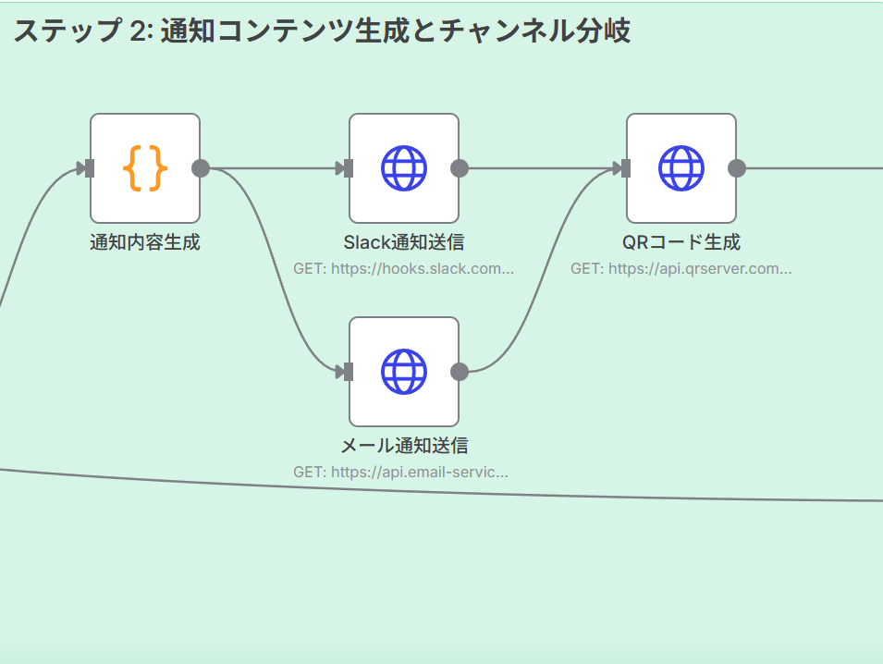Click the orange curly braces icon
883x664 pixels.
[145, 168]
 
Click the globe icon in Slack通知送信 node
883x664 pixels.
[404, 168]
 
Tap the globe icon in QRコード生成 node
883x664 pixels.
[681, 168]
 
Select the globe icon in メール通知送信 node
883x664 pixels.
[404, 372]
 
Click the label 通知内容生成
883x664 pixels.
[145, 243]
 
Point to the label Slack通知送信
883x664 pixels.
[404, 243]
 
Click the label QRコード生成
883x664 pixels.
[681, 243]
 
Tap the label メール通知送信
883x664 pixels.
[404, 446]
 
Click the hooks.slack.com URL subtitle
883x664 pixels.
[404, 269]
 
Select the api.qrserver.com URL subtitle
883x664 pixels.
[681, 269]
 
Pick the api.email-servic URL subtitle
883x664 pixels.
[401, 472]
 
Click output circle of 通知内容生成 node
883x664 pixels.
[201, 168]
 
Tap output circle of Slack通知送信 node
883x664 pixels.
[460, 168]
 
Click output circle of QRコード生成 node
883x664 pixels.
[737, 168]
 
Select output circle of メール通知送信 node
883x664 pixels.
[460, 372]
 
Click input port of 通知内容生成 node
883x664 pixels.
[89, 168]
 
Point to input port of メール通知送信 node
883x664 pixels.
[348, 372]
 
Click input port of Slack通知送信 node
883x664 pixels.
[348, 168]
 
